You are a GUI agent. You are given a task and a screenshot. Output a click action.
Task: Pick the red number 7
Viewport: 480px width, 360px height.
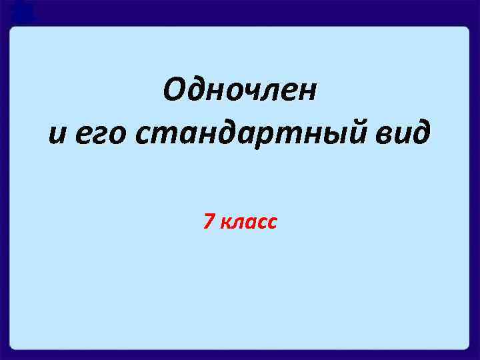209,222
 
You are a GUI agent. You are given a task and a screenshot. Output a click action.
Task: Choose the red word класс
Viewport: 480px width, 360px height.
247,223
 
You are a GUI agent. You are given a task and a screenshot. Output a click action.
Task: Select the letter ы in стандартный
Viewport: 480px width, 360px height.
326,136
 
